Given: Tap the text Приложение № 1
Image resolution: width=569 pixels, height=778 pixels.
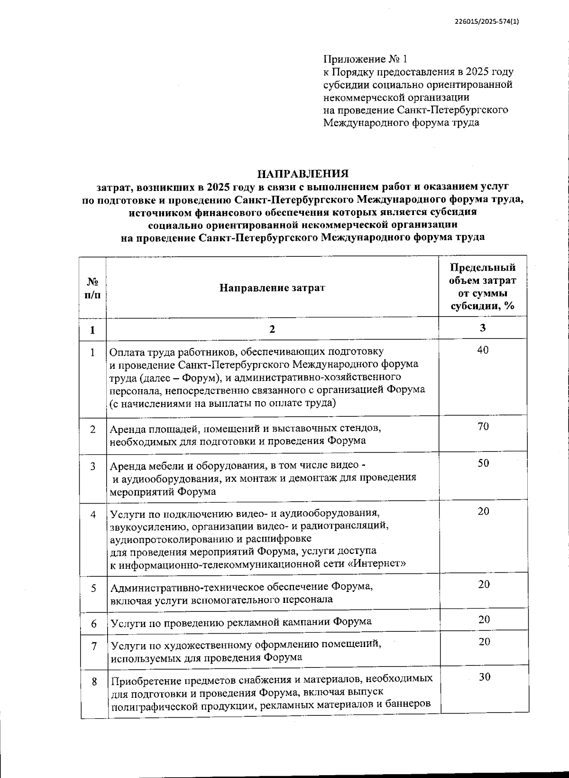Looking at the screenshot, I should (365, 59).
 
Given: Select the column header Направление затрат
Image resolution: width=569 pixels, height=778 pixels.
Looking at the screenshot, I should (272, 288).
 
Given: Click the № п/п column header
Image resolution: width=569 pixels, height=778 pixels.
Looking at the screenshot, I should (93, 288).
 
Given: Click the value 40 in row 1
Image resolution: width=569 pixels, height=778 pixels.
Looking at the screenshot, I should (483, 350).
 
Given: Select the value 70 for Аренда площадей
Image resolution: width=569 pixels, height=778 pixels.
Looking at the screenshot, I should (483, 426).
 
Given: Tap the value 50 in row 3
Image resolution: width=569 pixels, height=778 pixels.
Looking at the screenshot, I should (483, 463).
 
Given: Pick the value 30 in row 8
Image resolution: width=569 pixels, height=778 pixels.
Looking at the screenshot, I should (484, 677).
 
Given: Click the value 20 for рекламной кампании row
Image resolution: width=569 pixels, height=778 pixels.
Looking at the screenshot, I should (484, 619).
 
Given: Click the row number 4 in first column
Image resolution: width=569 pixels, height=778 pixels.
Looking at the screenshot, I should (93, 515).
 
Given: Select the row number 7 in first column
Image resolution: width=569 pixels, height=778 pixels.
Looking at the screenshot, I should (94, 646).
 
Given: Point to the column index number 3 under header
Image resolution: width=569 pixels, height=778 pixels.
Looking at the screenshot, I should (483, 328).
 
